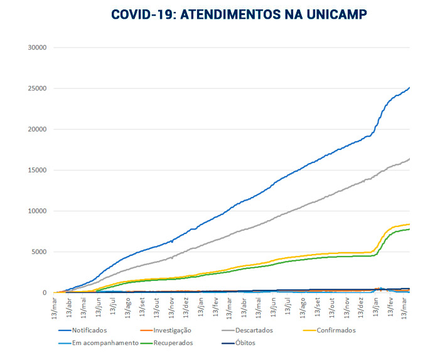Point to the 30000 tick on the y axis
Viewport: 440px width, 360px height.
[x=37, y=48]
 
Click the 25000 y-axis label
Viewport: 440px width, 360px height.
[x=37, y=88]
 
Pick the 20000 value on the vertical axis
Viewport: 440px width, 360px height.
[x=37, y=129]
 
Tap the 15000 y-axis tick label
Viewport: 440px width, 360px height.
[x=37, y=170]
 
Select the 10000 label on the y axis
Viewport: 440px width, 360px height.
[x=37, y=211]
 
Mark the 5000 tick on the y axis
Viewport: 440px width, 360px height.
[x=39, y=252]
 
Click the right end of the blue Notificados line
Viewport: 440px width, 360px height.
[x=409, y=88]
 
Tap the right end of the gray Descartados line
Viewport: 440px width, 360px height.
[x=409, y=159]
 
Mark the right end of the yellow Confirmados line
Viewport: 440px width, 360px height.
[x=409, y=225]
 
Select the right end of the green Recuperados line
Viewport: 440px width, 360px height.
[x=409, y=229]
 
